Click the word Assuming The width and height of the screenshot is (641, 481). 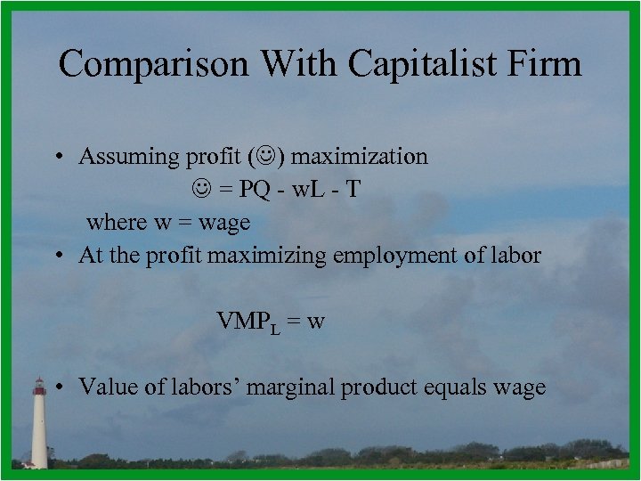click(x=128, y=157)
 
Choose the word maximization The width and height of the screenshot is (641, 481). click(x=360, y=157)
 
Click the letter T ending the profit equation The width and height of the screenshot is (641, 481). click(x=353, y=189)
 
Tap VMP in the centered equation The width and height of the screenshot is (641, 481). click(x=244, y=321)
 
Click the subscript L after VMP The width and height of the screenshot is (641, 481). click(x=276, y=328)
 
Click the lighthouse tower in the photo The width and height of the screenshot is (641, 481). click(x=39, y=428)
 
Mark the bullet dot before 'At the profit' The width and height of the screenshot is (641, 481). click(x=55, y=256)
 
